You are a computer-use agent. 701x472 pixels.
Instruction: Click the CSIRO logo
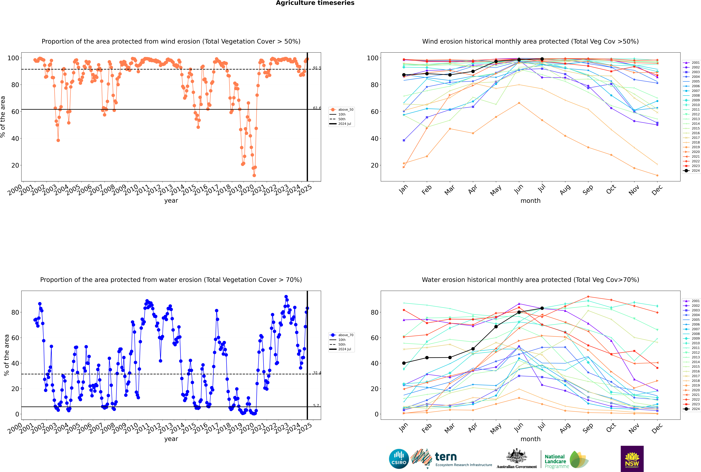pos(399,459)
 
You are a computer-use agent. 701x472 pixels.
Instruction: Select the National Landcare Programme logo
pos(566,459)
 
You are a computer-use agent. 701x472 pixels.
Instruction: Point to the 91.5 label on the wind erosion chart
pos(317,68)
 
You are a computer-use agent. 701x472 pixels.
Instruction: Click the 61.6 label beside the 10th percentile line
pos(317,108)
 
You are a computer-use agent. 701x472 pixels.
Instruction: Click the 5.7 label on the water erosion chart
pos(316,406)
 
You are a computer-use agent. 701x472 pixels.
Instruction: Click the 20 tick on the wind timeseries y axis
pos(15,165)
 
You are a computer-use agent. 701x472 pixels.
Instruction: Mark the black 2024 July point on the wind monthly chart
pos(542,59)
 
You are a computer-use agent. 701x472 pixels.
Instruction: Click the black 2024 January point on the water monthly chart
pos(404,363)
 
